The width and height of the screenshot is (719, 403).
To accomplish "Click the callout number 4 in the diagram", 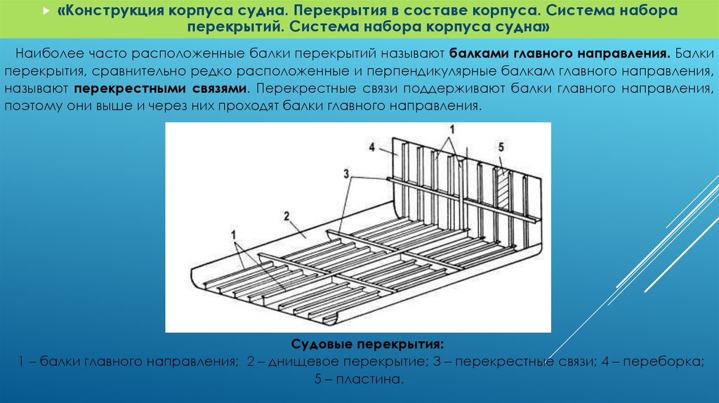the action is [374, 147].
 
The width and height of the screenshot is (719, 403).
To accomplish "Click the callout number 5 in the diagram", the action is [501, 147].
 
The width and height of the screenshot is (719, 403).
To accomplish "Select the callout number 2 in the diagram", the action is [287, 214].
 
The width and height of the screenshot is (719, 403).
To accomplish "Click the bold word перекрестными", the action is [119, 89].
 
